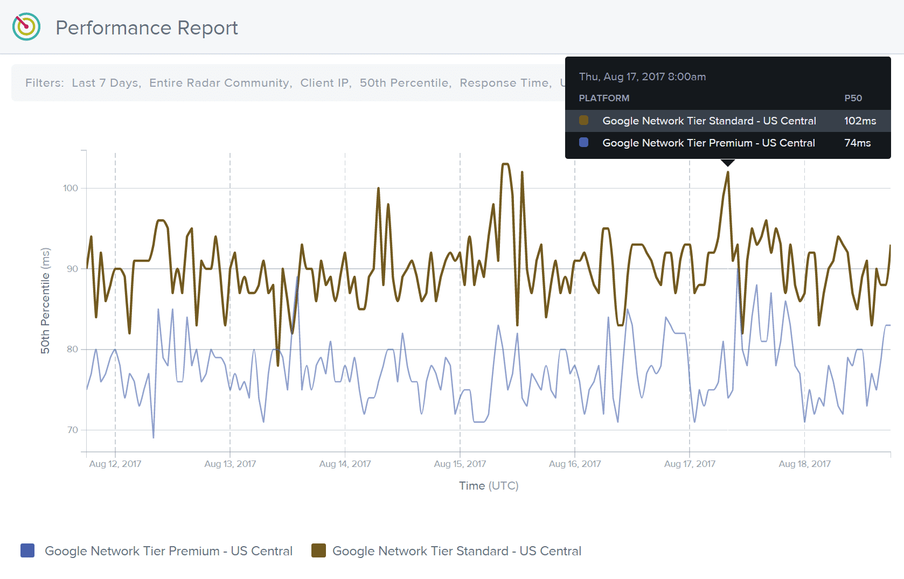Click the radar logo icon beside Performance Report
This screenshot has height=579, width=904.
coord(26,26)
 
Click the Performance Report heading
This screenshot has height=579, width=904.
coord(147,28)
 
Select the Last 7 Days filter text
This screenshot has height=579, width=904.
coord(106,83)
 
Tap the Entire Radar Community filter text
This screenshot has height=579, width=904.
coord(220,83)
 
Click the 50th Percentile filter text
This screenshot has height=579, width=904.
coord(405,83)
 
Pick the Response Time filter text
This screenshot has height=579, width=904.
coord(504,83)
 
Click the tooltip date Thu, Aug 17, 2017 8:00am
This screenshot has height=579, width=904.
coord(642,76)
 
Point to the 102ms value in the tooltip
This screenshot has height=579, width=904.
coord(860,121)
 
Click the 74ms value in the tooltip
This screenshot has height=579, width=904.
coord(857,143)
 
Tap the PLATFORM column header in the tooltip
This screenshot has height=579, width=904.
coord(604,98)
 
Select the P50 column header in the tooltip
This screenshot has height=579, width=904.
coord(853,98)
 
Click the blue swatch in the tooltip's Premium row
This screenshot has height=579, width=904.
coord(583,143)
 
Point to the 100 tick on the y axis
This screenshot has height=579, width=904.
coord(71,188)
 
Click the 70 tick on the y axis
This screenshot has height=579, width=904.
coord(73,430)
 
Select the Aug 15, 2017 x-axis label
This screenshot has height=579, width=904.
coord(460,464)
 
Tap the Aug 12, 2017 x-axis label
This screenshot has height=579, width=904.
coord(115,464)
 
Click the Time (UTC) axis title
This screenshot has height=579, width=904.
coord(489,486)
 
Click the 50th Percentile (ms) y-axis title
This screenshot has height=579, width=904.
coord(45,301)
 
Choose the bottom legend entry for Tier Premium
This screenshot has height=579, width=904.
coord(156,551)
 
